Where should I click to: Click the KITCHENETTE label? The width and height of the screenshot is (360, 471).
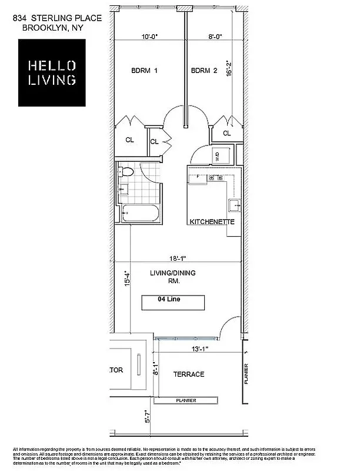pos(212,222)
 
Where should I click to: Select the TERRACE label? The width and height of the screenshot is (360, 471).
pos(188,374)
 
